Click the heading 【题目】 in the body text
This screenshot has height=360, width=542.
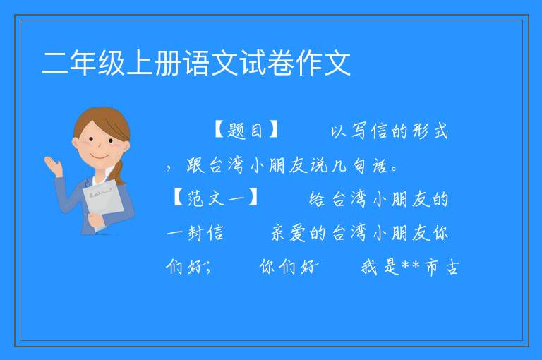246,131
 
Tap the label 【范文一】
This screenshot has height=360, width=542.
215,198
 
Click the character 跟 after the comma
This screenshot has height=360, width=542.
195,165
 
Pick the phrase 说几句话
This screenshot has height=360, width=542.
349,165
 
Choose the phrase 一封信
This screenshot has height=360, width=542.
195,233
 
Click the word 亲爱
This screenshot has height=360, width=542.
288,233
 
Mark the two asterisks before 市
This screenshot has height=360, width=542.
411,265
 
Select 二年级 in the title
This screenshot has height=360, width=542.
83,63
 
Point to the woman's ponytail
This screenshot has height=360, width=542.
119,172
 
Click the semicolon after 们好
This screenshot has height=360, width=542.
208,268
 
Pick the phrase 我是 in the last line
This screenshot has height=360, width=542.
380,268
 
